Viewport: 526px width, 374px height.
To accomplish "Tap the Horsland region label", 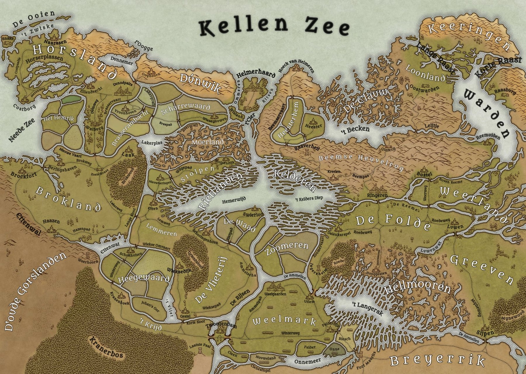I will (x=73, y=61).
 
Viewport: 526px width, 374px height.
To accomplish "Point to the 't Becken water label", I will (x=355, y=129).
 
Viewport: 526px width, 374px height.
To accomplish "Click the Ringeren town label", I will (x=377, y=195).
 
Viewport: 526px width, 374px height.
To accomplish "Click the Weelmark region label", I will (x=284, y=321).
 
